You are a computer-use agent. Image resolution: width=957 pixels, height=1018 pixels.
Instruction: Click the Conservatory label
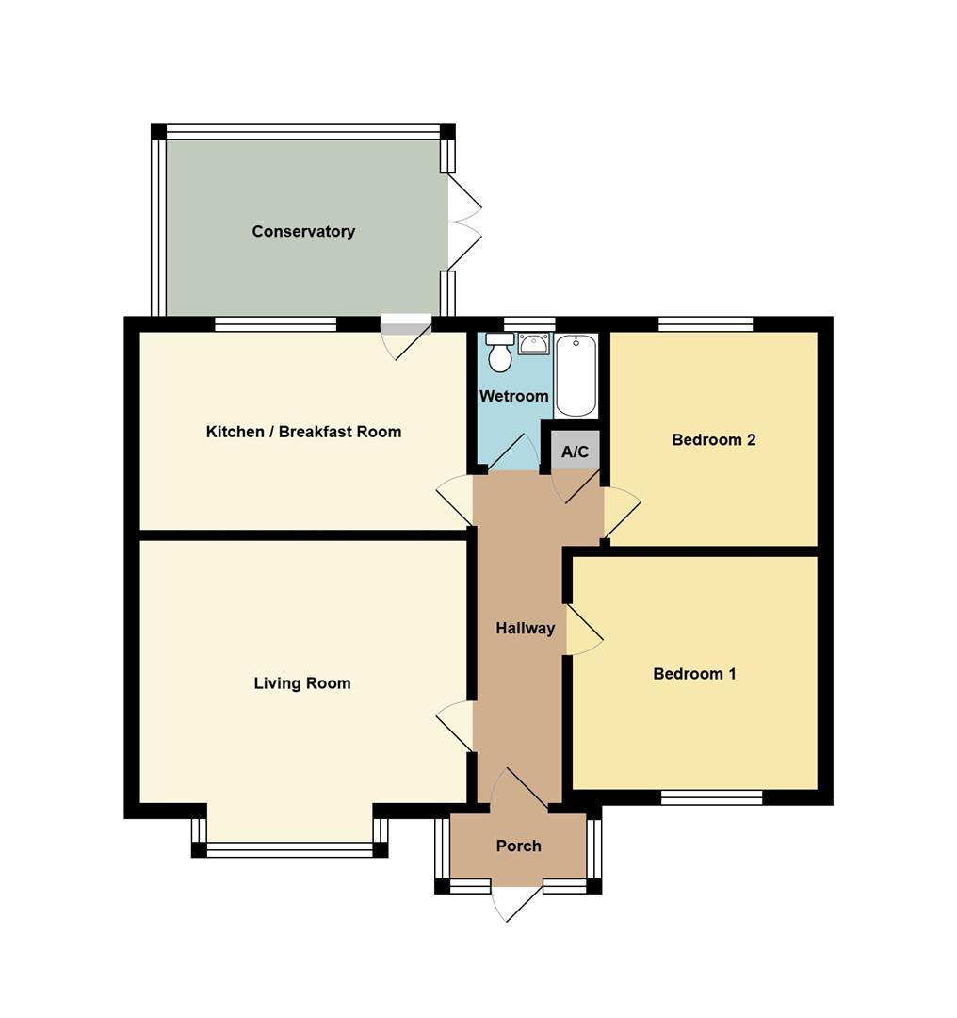click(x=303, y=231)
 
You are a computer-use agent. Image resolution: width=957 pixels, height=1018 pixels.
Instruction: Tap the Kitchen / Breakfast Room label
click(x=303, y=432)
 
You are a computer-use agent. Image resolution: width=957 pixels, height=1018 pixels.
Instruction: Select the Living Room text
click(x=302, y=683)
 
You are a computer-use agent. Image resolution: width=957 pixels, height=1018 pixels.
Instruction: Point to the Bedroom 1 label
click(x=694, y=674)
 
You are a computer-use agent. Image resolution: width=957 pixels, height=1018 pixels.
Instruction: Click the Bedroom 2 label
click(x=714, y=440)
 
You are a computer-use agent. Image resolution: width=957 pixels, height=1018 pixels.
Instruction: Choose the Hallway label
click(x=525, y=629)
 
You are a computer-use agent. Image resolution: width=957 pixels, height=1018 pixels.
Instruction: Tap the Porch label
click(x=518, y=846)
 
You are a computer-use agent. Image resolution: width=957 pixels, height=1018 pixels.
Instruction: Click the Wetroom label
click(x=514, y=396)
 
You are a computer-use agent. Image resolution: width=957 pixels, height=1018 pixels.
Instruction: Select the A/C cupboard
click(x=575, y=450)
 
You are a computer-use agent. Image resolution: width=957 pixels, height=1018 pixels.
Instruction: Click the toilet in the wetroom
click(x=499, y=353)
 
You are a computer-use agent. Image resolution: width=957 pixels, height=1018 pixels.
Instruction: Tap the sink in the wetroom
click(x=533, y=343)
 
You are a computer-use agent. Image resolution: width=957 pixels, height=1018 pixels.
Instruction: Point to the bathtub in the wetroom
click(x=576, y=376)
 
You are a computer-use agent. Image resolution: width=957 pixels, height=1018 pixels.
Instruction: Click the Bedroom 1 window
click(x=712, y=797)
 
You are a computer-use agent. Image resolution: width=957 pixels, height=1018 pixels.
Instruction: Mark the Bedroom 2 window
click(x=706, y=324)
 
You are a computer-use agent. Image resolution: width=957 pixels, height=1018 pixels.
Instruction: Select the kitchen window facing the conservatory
click(x=276, y=324)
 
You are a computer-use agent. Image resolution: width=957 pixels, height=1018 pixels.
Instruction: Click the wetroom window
click(x=530, y=324)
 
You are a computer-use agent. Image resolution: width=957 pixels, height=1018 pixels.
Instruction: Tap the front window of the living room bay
click(x=289, y=850)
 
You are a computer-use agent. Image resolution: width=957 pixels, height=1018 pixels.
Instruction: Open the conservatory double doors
click(x=464, y=222)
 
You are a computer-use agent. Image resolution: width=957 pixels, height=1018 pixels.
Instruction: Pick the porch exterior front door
click(x=516, y=904)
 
